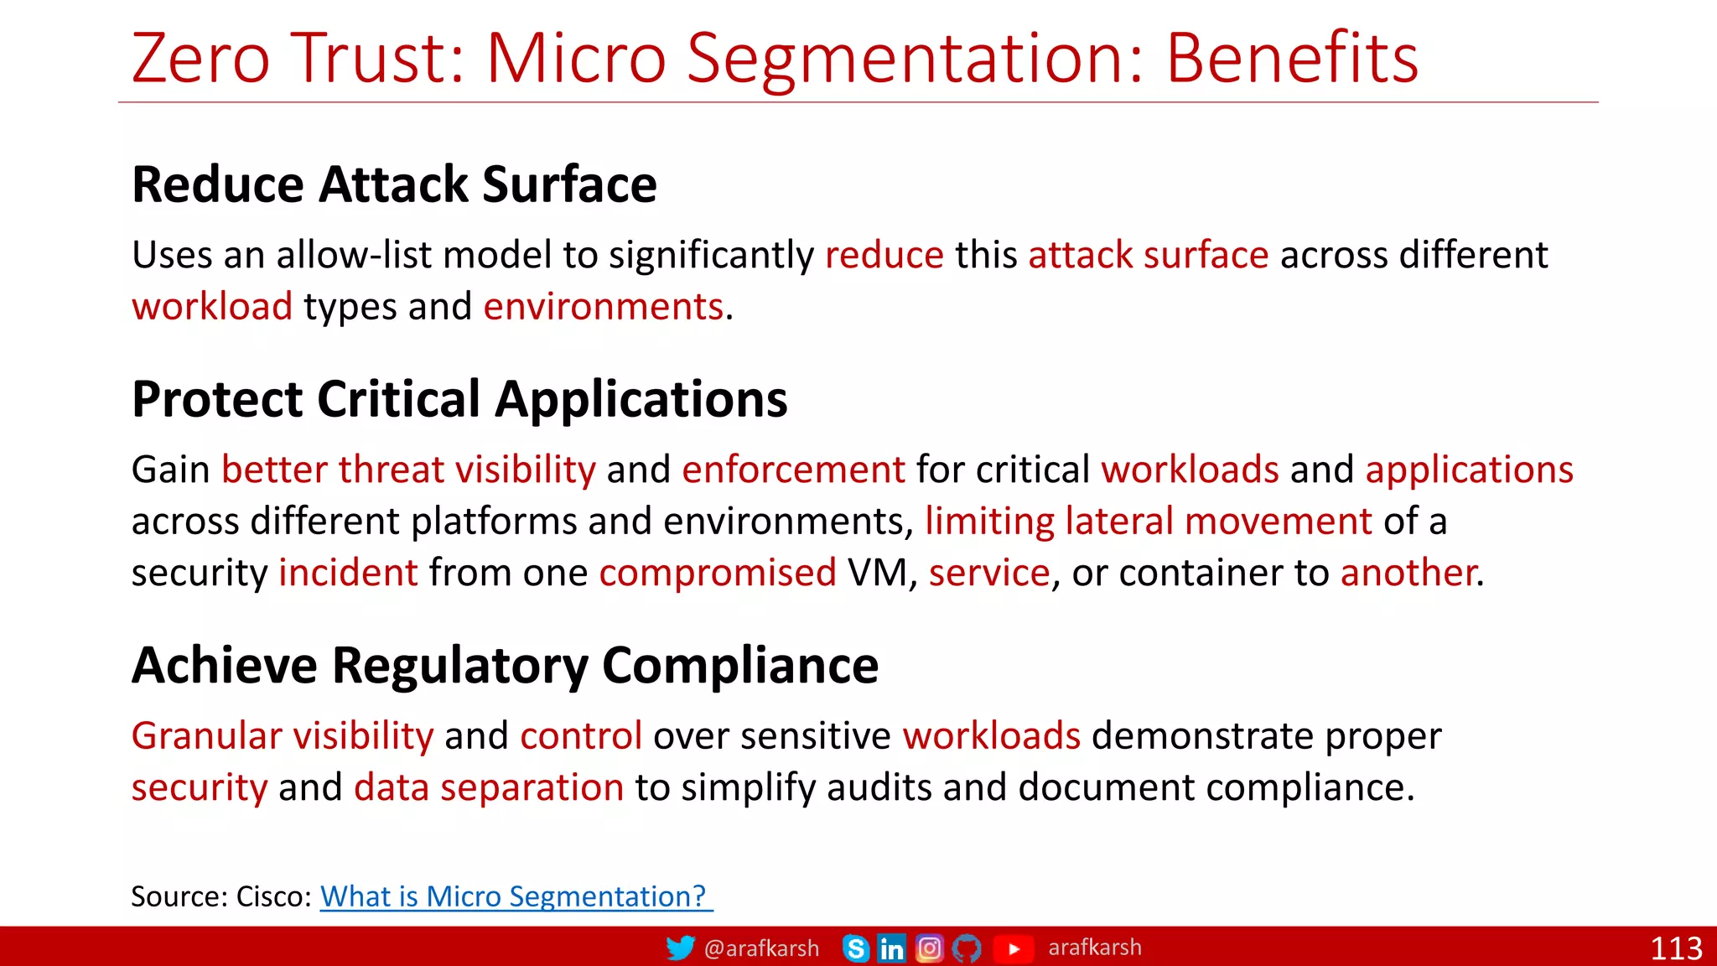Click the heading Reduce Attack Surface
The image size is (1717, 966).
[x=394, y=184]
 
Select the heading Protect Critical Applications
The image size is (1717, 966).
[x=459, y=399]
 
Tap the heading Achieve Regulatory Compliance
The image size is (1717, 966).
[x=505, y=666]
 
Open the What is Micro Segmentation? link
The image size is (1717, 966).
[x=515, y=896]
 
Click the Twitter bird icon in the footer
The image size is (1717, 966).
[x=680, y=948]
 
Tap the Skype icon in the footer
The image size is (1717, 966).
[x=856, y=948]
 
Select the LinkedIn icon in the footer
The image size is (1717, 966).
[x=891, y=948]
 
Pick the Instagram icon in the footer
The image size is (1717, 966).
[x=929, y=948]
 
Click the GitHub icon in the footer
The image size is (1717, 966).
[x=967, y=948]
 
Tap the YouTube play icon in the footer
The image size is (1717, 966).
[x=1014, y=948]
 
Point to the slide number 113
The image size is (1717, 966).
[x=1676, y=948]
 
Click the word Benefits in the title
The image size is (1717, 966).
[x=1291, y=59]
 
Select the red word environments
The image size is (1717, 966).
[x=603, y=307]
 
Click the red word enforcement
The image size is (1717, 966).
[x=793, y=470]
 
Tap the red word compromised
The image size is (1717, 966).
[x=718, y=574]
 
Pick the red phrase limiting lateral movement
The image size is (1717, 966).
[x=1148, y=522]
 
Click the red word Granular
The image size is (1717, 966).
[x=206, y=736]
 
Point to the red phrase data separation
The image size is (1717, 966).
[x=489, y=788]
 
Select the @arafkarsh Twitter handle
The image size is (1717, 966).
[x=761, y=948]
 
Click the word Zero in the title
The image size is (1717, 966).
[x=201, y=59]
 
